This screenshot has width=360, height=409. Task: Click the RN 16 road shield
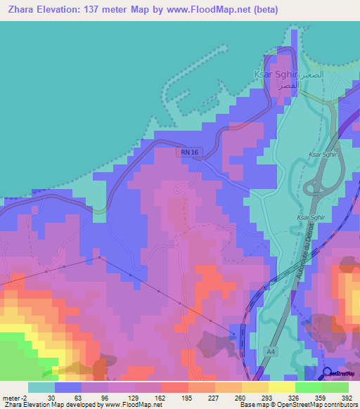click(x=189, y=152)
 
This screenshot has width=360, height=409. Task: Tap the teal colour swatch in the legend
click(x=41, y=387)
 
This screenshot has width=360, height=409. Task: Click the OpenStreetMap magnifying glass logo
click(x=328, y=374)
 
